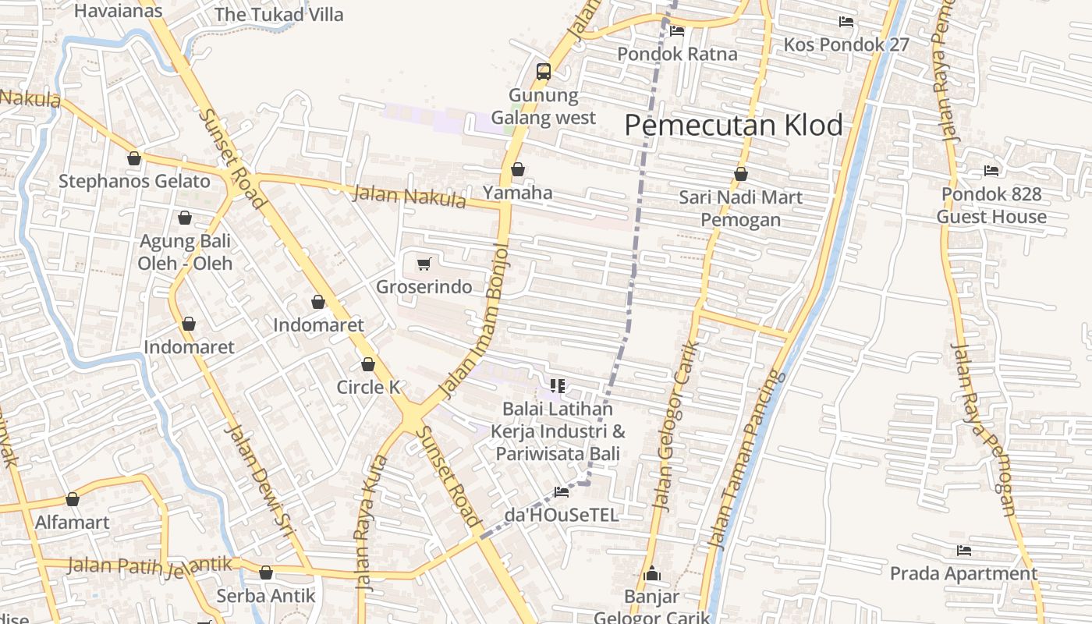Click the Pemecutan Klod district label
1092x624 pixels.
coord(733,125)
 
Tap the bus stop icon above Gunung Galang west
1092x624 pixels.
coord(544,72)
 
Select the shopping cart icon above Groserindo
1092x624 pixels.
coord(424,264)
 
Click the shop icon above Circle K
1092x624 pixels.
coord(368,364)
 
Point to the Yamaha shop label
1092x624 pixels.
coord(517,193)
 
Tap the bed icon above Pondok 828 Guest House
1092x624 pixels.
coord(991,170)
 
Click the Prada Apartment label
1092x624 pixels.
coord(963,574)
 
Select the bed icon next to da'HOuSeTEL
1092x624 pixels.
coord(561,491)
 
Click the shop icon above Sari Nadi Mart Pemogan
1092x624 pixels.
coord(740,174)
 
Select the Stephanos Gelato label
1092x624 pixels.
coord(134,182)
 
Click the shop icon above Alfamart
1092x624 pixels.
coord(73,499)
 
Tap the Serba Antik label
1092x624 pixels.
coord(265,596)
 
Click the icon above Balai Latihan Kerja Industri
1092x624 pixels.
coord(557,385)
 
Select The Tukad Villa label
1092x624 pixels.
coord(278,14)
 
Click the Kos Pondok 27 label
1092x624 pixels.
coord(846,44)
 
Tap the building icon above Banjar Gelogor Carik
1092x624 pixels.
coord(652,575)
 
